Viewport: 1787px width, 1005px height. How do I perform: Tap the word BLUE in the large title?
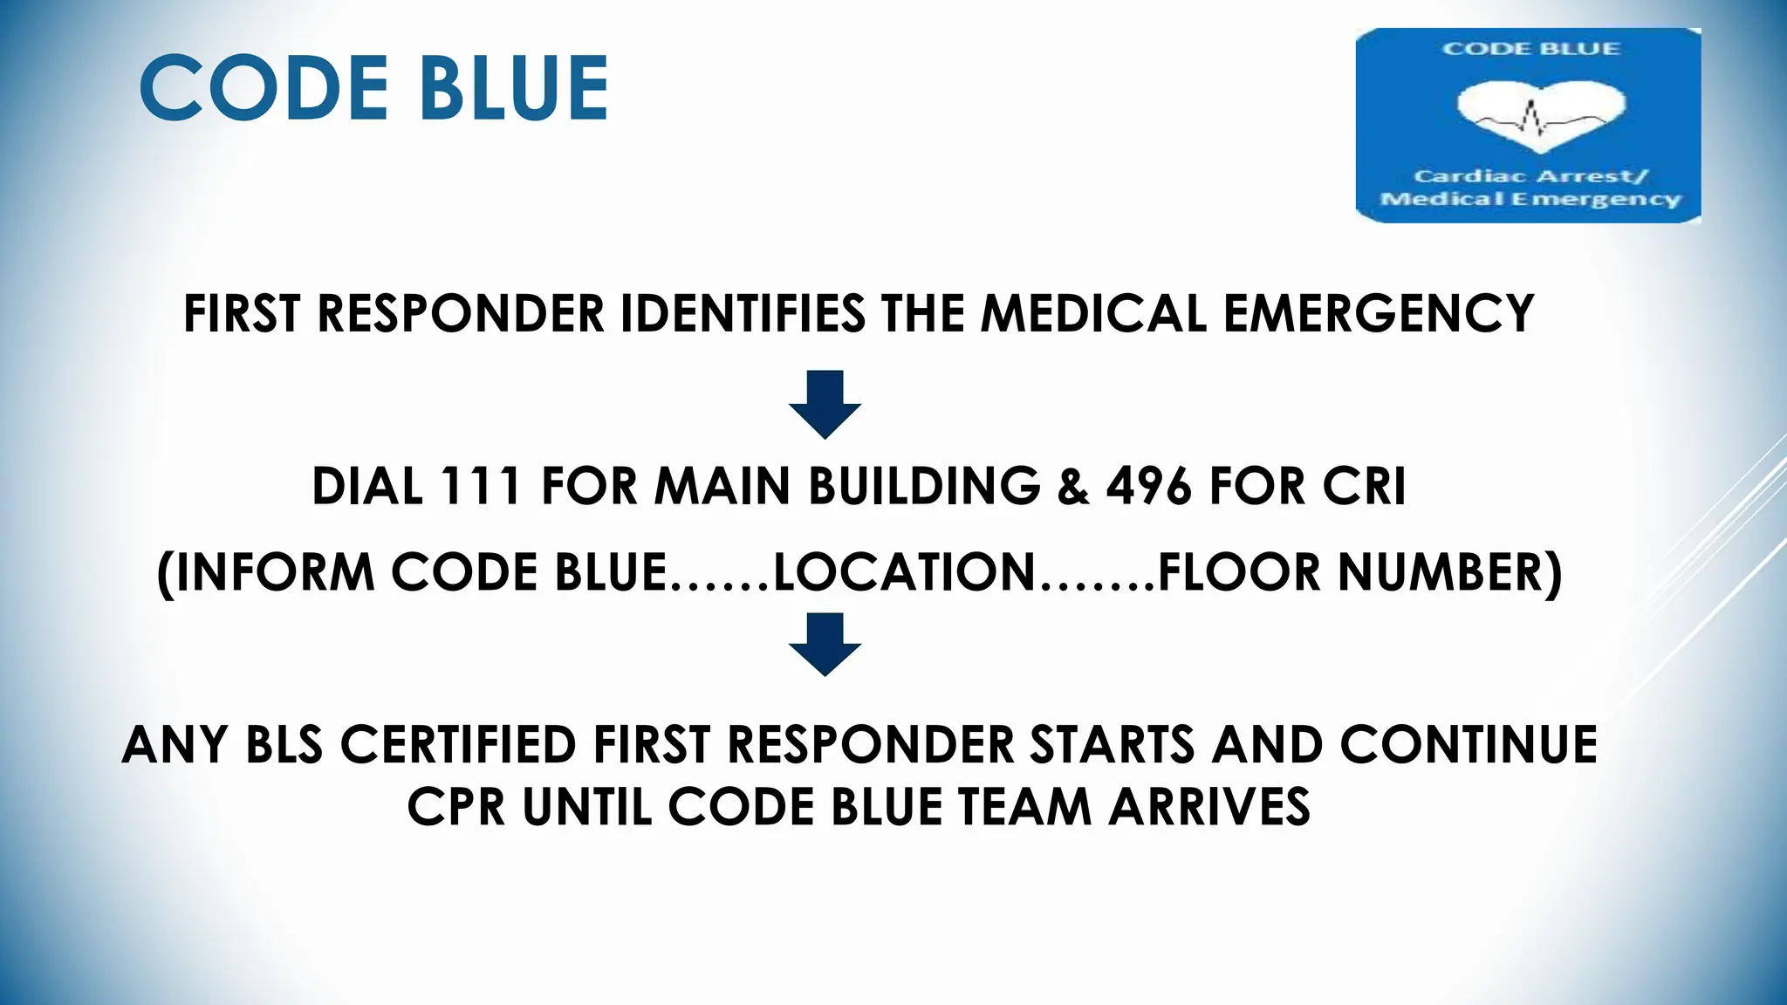pyautogui.click(x=512, y=87)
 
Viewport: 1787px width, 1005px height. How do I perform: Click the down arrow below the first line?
pyautogui.click(x=825, y=404)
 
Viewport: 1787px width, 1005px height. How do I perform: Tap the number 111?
pyautogui.click(x=481, y=486)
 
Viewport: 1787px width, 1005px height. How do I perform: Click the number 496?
pyautogui.click(x=1148, y=486)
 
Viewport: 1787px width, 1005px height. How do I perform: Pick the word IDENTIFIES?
pyautogui.click(x=743, y=314)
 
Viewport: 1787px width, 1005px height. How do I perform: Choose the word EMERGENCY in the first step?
pyautogui.click(x=1379, y=314)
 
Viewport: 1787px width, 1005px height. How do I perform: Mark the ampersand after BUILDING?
pyautogui.click(x=1073, y=486)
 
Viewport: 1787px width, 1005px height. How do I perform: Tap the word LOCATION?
pyautogui.click(x=904, y=572)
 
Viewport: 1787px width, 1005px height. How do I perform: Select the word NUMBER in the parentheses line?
pyautogui.click(x=1441, y=572)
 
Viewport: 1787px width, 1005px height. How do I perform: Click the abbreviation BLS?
pyautogui.click(x=284, y=745)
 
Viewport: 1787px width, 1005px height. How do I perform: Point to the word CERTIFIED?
pyautogui.click(x=458, y=745)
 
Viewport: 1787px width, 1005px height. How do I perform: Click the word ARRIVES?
pyautogui.click(x=1209, y=807)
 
